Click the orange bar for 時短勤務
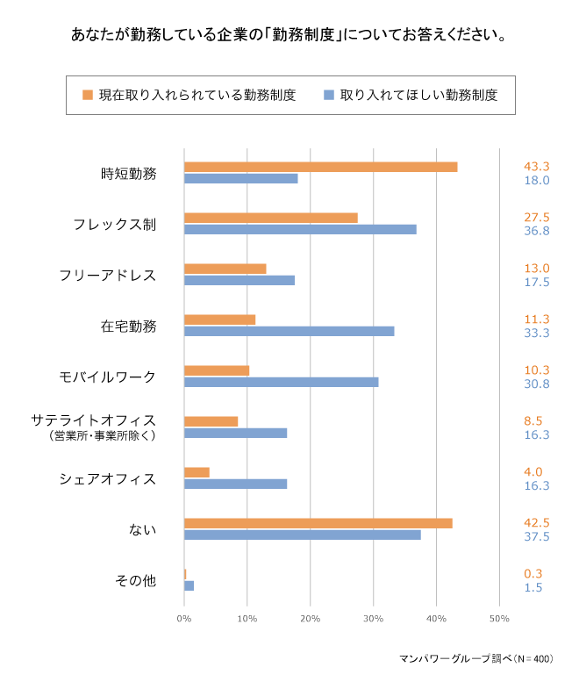pyautogui.click(x=320, y=167)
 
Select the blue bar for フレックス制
pyautogui.click(x=300, y=229)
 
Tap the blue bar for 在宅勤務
pyautogui.click(x=289, y=331)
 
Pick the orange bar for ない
pyautogui.click(x=318, y=523)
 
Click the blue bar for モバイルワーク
pyautogui.click(x=281, y=382)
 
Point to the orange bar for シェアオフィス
pyautogui.click(x=197, y=472)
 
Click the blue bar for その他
pyautogui.click(x=189, y=585)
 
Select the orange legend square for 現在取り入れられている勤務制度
pyautogui.click(x=87, y=95)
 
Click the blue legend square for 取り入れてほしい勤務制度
pyautogui.click(x=328, y=95)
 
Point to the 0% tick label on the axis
pyautogui.click(x=184, y=620)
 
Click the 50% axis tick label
pyautogui.click(x=499, y=620)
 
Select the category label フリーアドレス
pyautogui.click(x=108, y=275)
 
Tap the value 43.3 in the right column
pyautogui.click(x=536, y=167)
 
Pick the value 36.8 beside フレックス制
pyautogui.click(x=536, y=232)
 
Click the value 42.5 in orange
pyautogui.click(x=536, y=523)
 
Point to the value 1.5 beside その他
pyautogui.click(x=533, y=587)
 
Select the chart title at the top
pyautogui.click(x=289, y=36)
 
